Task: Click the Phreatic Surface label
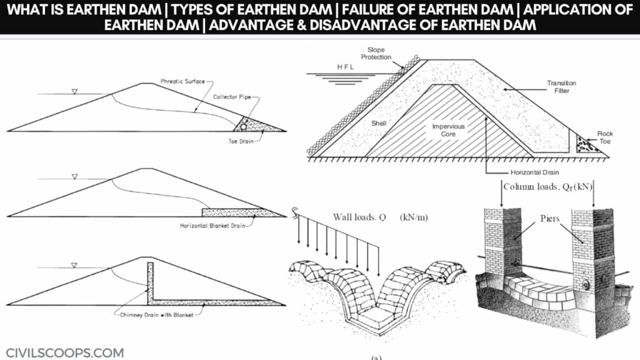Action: [182, 81]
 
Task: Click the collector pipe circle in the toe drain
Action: [243, 127]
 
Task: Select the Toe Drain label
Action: [241, 141]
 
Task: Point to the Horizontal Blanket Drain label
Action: [212, 225]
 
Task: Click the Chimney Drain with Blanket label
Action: [157, 315]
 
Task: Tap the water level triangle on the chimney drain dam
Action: [74, 265]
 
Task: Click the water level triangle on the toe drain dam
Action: [74, 91]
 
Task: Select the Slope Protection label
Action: [376, 54]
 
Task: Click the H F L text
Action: [345, 67]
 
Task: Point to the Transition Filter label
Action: [562, 86]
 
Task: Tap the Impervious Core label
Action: [448, 130]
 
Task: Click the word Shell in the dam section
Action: [379, 123]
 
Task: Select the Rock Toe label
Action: [605, 137]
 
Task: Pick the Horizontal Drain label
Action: [535, 172]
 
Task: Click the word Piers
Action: [550, 218]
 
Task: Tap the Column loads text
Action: [547, 187]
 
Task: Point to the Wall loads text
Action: [381, 217]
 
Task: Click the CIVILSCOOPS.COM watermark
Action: [65, 352]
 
